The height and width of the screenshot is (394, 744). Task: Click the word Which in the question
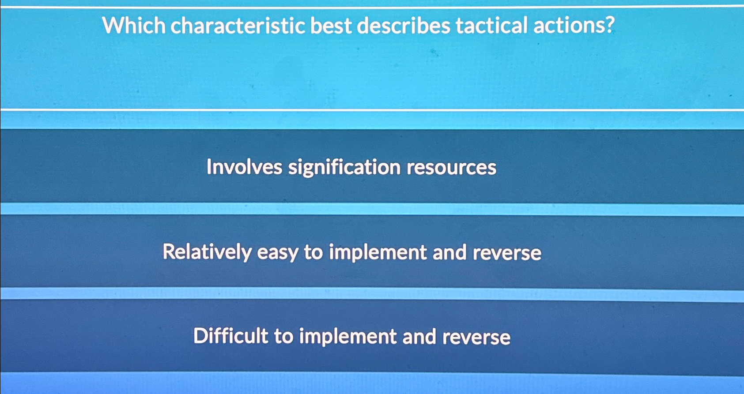point(134,26)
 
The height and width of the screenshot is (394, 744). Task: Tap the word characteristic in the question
point(238,26)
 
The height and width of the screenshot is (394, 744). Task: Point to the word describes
point(404,26)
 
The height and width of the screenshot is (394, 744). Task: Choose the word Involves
point(244,167)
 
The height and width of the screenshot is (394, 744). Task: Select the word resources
point(451,168)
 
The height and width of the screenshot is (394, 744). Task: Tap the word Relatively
point(207,252)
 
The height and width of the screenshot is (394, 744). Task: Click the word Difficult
point(230,336)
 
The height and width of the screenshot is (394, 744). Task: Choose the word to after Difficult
point(283,337)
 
